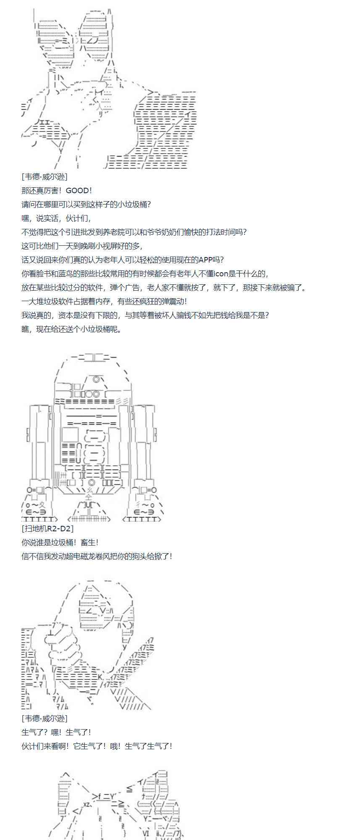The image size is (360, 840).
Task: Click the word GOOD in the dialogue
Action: (77, 191)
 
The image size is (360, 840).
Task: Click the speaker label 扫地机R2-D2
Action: (47, 528)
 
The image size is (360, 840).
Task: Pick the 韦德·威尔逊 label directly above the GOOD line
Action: (44, 177)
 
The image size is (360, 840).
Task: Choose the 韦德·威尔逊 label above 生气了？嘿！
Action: (44, 719)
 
